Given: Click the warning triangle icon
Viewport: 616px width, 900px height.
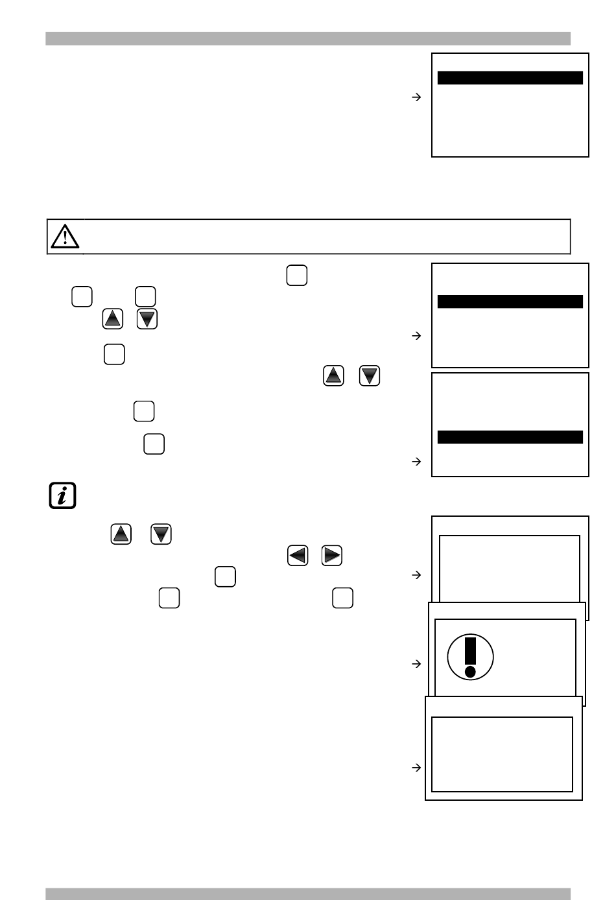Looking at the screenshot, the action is [65, 236].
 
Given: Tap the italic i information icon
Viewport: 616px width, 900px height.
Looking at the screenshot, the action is [63, 495].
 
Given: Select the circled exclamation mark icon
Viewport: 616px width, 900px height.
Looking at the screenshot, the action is [471, 657].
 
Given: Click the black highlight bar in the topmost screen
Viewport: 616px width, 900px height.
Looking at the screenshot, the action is [510, 78].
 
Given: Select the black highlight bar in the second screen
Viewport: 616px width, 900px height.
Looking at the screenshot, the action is [510, 302].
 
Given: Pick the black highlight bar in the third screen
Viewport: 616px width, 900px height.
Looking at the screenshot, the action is [510, 437].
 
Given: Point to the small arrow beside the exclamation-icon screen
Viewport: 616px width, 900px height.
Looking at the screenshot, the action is [417, 663].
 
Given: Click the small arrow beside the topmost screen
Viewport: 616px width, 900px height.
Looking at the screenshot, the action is [417, 97].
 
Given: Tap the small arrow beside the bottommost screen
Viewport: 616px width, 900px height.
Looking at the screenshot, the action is [417, 768].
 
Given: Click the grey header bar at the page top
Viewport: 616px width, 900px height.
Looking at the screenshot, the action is [308, 39].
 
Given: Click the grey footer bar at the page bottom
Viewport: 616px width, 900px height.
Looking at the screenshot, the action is [308, 894].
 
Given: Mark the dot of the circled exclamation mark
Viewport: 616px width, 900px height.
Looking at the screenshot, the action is [471, 671].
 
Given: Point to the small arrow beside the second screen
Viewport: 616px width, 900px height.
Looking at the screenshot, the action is [417, 336].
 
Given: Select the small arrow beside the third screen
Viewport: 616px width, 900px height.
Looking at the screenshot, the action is [417, 462].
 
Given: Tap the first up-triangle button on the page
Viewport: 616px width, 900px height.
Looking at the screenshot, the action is [113, 319].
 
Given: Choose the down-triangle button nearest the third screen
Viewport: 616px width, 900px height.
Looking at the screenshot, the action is [370, 376].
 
